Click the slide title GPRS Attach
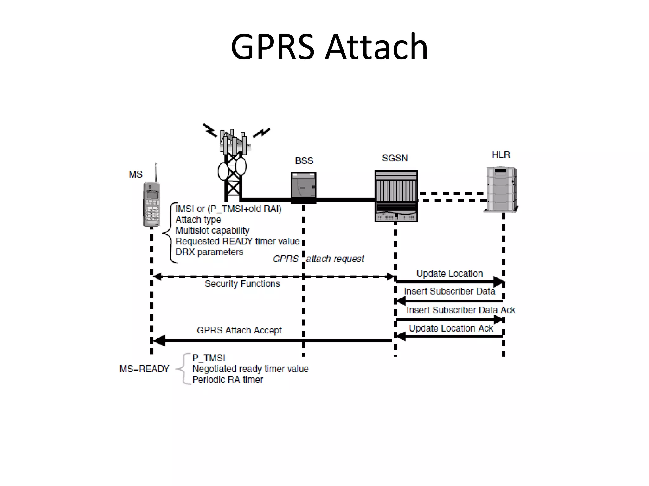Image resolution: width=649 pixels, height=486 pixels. click(329, 47)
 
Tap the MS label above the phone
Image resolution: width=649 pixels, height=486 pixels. click(136, 174)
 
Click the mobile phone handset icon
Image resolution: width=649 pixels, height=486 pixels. click(151, 202)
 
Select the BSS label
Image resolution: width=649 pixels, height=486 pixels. click(304, 161)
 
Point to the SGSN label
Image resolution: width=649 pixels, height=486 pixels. click(395, 158)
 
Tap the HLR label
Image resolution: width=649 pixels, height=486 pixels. click(501, 155)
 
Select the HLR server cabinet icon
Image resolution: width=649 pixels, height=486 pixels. click(501, 189)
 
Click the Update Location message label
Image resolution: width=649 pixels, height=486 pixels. click(449, 273)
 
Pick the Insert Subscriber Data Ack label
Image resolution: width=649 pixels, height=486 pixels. click(460, 310)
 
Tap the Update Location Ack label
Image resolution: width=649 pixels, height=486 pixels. click(451, 328)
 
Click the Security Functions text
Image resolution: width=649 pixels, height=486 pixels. click(242, 284)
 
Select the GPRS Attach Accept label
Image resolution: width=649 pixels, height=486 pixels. click(239, 330)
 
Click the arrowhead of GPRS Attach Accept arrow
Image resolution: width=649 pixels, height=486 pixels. click(158, 341)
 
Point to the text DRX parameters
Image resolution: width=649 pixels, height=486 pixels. click(209, 252)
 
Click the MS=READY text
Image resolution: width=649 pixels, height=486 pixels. click(144, 369)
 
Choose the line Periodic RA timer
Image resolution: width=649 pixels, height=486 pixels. click(228, 380)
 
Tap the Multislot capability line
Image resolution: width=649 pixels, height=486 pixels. click(212, 230)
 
